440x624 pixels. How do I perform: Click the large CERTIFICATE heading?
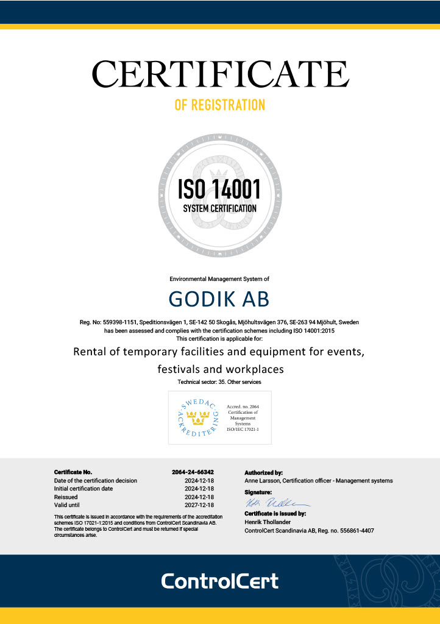[220, 74]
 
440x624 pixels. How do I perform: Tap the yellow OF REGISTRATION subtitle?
[220, 105]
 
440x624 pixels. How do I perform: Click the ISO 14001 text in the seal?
[219, 188]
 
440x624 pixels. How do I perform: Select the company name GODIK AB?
[219, 299]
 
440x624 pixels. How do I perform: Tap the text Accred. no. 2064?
[243, 406]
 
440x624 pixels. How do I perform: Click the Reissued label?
[66, 497]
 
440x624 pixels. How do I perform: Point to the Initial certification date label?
[83, 489]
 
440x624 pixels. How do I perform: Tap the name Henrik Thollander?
[268, 522]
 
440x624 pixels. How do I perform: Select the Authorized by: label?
[263, 472]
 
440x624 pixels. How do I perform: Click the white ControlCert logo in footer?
[219, 581]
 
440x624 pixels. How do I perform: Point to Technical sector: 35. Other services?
[219, 382]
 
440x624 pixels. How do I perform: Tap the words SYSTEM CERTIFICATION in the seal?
[219, 208]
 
